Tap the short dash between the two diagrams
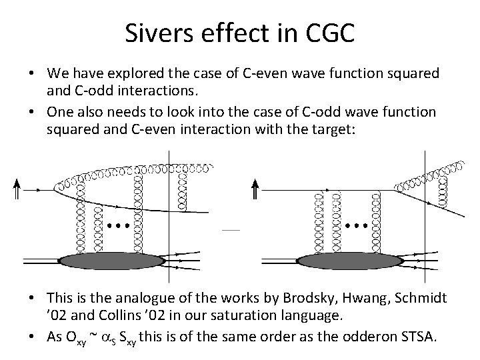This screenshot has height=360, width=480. point(230,230)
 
